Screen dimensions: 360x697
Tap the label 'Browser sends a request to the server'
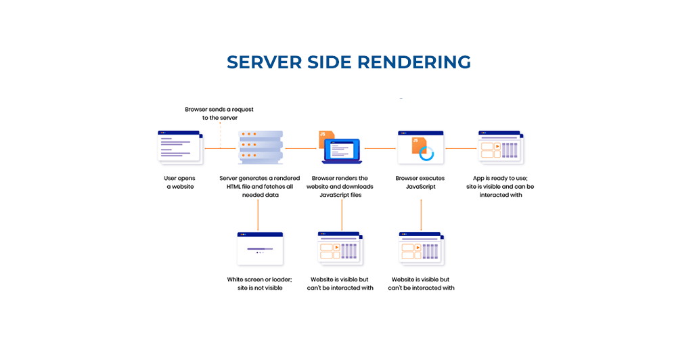click(219, 113)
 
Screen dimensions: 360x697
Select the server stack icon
click(260, 148)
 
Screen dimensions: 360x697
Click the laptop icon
click(342, 151)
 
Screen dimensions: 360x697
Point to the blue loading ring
click(426, 154)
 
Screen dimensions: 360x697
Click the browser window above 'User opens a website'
click(179, 147)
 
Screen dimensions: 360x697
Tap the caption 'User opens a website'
click(180, 183)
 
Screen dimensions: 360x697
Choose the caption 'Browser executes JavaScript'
click(420, 183)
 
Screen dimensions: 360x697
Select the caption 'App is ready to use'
click(501, 186)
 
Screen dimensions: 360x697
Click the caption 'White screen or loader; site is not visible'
click(259, 284)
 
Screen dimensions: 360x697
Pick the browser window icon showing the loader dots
click(259, 248)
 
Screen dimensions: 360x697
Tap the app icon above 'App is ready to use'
click(501, 148)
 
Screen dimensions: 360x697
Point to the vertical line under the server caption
click(258, 215)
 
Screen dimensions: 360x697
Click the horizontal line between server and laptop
click(300, 148)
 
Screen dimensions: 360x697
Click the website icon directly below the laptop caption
click(341, 248)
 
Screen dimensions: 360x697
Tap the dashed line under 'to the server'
click(220, 134)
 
